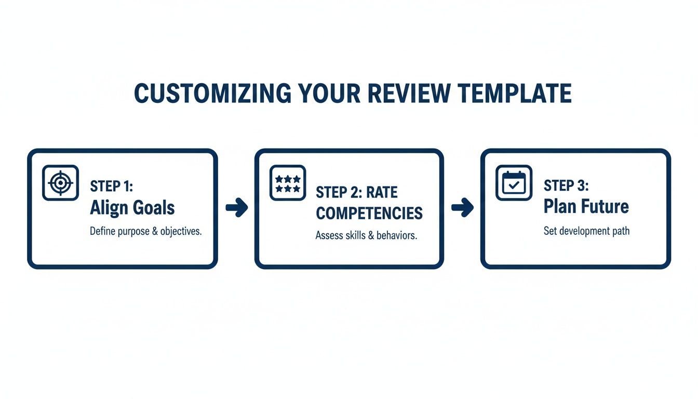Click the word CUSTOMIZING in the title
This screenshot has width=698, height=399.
212,94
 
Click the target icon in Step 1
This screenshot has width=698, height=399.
60,182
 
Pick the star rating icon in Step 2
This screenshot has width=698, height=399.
288,183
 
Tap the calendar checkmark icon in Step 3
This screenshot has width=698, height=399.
514,182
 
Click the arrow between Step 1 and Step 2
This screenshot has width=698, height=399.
237,208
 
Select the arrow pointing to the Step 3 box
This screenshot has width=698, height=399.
463,208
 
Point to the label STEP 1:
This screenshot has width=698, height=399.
112,187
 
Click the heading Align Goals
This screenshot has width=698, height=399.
132,208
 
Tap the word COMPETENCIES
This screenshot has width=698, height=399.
369,213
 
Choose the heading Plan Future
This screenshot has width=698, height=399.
586,206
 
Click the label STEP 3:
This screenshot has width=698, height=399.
566,185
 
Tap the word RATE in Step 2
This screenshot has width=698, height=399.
382,192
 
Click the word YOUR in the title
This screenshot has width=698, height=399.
331,94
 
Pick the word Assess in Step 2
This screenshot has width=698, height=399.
329,235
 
